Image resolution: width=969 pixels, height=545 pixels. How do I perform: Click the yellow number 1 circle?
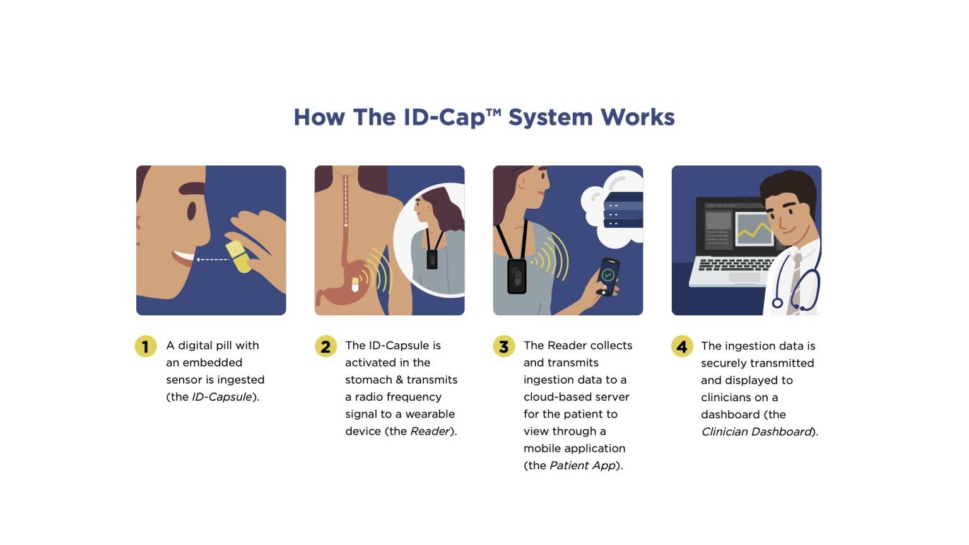146,346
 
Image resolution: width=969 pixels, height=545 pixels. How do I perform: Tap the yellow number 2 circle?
326,346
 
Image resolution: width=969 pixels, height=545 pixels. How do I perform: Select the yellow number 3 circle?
503,346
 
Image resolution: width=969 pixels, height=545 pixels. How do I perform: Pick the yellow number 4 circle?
682,346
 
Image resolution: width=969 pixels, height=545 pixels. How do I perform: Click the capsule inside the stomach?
355,284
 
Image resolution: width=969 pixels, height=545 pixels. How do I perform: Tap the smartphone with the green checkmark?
608,276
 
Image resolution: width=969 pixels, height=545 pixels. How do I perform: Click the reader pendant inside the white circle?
432,259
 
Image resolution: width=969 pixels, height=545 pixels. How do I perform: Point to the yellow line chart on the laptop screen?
755,231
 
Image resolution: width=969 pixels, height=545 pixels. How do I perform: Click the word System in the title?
550,117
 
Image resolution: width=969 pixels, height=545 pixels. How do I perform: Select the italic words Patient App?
582,466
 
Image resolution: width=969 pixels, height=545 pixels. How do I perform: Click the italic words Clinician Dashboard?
756,431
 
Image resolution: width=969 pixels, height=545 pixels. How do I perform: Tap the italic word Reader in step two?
430,431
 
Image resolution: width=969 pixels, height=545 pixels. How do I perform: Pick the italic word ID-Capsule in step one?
221,397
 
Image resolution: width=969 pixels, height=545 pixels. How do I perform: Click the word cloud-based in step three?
576,397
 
